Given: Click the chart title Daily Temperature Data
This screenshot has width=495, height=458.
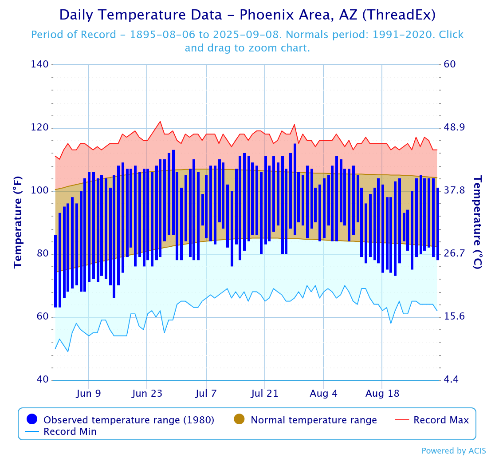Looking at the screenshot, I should click(247, 15).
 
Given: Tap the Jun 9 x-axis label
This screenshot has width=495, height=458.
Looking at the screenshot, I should click(89, 393).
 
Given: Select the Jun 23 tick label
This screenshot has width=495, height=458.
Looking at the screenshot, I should click(147, 393).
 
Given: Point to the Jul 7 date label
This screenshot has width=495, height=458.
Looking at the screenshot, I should click(206, 393).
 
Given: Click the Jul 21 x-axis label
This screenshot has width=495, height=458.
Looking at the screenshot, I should click(265, 393).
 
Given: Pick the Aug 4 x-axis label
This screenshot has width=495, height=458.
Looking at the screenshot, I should click(323, 393).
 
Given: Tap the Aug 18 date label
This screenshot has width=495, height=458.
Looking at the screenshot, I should click(382, 393).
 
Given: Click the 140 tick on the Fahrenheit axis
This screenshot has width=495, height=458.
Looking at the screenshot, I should click(40, 64).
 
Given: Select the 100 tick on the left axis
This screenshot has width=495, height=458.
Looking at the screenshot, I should click(40, 191).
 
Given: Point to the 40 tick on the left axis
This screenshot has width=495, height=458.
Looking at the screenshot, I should click(43, 380).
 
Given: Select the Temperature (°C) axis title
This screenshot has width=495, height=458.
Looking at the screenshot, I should click(478, 222).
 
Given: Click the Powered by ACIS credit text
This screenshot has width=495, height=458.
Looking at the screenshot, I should click(453, 451).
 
